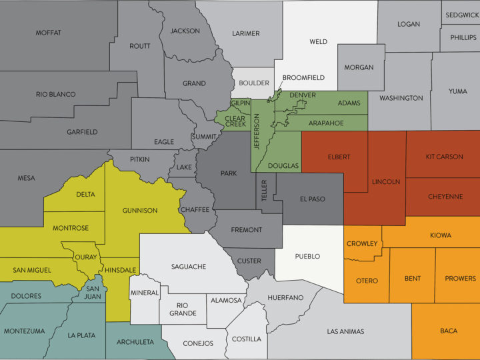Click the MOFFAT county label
[49, 33]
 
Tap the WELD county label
[319, 41]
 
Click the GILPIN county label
[239, 104]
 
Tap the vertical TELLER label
[263, 192]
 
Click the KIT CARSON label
[444, 157]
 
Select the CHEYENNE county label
[445, 197]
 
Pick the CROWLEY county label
[362, 244]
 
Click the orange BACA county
[448, 331]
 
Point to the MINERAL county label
[145, 293]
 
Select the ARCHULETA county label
[135, 343]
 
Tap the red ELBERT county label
[339, 157]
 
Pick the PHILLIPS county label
[463, 37]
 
